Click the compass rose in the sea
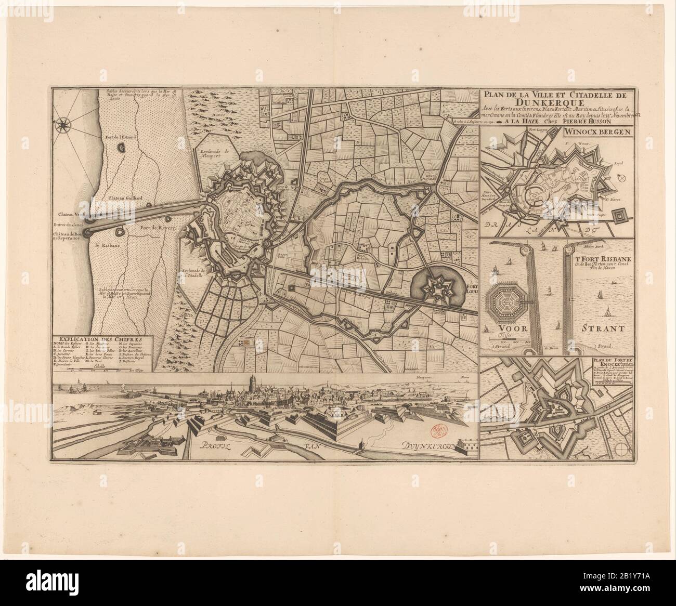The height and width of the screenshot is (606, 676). (65, 124)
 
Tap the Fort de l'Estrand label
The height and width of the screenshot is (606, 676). (121, 136)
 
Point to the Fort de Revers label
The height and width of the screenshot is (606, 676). (154, 227)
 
